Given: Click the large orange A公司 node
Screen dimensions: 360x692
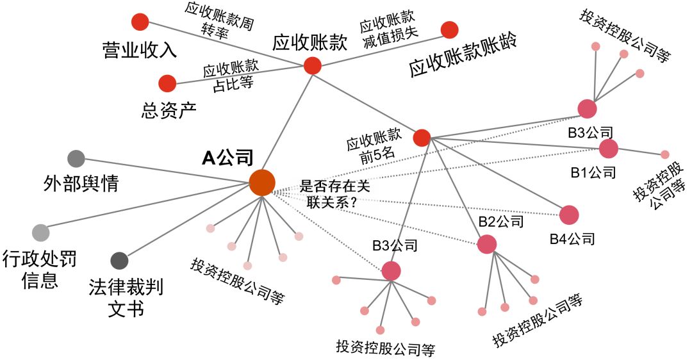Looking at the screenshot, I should click(x=261, y=183).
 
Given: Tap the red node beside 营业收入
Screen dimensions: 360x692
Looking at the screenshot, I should click(x=140, y=22).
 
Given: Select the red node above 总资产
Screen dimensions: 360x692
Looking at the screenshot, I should click(x=167, y=84).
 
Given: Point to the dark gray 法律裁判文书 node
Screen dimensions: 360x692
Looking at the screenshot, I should click(x=119, y=261).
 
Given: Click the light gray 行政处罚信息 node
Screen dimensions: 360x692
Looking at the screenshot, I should click(x=40, y=232).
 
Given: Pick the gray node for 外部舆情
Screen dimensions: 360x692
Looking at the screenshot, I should click(x=76, y=158).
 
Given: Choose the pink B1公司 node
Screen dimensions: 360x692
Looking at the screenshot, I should click(x=608, y=149).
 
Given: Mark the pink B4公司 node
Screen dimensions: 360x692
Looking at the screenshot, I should click(x=569, y=215).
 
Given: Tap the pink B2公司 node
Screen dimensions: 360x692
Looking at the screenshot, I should click(x=487, y=244).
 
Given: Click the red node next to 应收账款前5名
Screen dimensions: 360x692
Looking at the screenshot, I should click(x=422, y=138).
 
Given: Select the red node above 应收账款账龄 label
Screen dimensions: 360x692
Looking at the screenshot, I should click(x=450, y=30).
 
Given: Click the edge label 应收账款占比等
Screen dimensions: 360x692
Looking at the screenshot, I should click(x=230, y=75).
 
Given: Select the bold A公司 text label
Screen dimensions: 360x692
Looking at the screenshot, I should click(x=227, y=158).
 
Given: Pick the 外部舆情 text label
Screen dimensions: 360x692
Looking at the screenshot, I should click(x=81, y=184).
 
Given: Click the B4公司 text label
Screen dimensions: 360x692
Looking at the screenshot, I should click(x=572, y=239).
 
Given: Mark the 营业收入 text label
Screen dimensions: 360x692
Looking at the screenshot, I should click(x=139, y=50).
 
